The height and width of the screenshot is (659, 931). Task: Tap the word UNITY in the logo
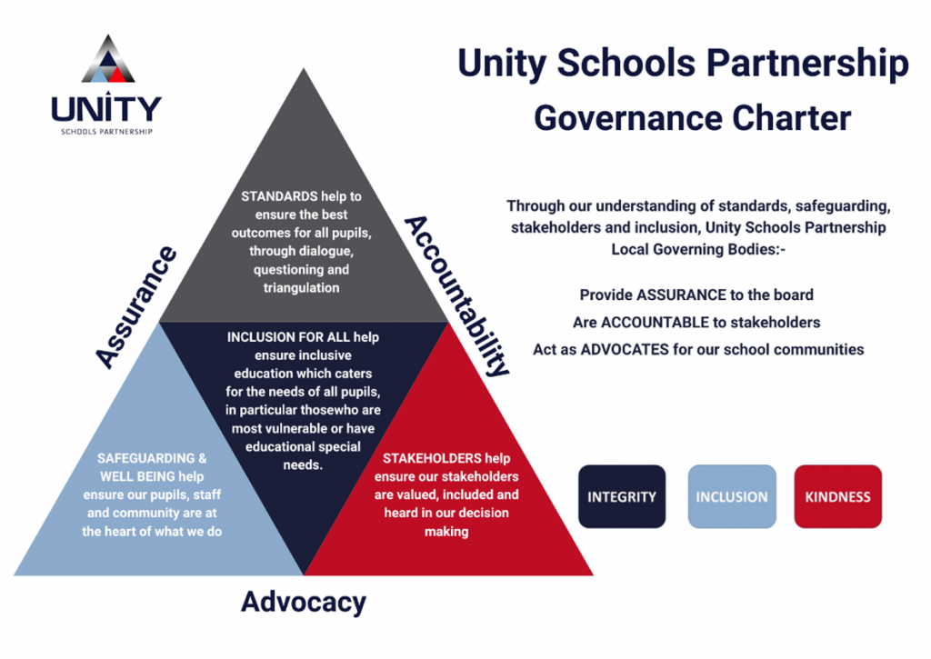coord(106,109)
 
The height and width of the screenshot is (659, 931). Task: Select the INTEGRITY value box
coord(622,497)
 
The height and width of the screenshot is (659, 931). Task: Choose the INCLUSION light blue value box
coord(732,497)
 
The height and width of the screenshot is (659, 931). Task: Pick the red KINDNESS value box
coord(837,497)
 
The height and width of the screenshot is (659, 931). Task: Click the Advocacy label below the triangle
coord(304,602)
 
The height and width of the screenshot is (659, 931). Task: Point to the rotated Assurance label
coord(137,306)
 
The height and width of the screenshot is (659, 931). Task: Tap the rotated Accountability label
coord(455,295)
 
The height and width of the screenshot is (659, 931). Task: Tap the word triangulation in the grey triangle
coord(301,288)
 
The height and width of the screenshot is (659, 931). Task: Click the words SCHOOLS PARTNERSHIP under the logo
coord(106,131)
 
